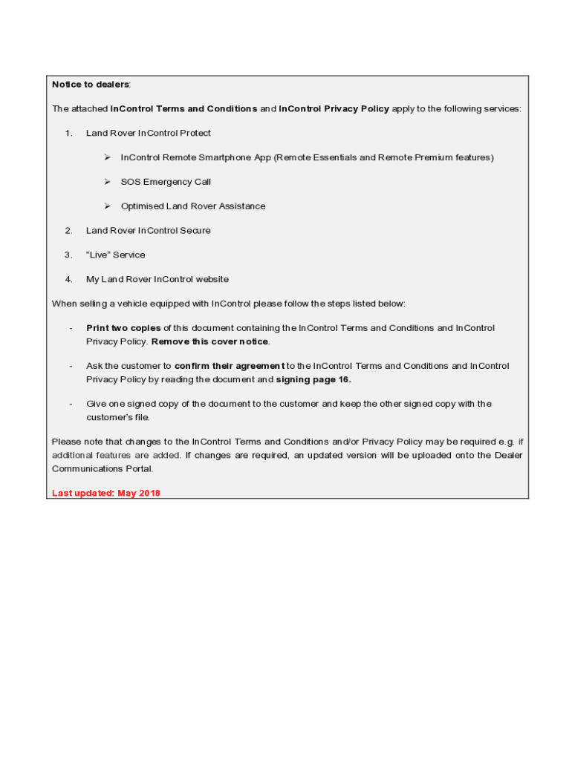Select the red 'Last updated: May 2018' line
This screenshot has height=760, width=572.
[106, 493]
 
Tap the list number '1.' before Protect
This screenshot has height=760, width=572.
[68, 134]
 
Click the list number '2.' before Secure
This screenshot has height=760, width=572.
[68, 231]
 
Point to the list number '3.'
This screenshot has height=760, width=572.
[68, 255]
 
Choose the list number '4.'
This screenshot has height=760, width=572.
[68, 280]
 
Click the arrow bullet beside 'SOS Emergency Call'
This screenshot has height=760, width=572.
[107, 182]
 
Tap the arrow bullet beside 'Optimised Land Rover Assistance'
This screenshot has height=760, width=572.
[107, 206]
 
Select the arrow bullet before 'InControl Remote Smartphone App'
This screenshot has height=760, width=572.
[107, 157]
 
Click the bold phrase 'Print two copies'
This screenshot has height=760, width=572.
[123, 328]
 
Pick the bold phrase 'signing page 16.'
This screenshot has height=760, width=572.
[313, 380]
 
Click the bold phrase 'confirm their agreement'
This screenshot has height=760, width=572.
[230, 366]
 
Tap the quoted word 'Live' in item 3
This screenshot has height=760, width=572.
[99, 255]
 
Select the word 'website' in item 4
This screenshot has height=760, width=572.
[212, 280]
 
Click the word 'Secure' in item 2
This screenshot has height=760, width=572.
[195, 231]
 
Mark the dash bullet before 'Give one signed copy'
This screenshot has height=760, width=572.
[71, 404]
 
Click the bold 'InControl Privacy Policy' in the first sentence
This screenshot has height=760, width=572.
[334, 109]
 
